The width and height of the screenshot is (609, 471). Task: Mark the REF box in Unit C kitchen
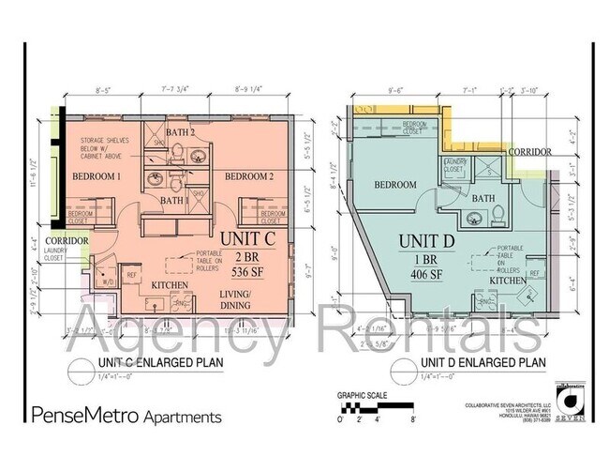click(x=132, y=276)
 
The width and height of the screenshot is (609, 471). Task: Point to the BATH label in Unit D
click(x=483, y=199)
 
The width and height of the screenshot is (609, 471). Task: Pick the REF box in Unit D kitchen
click(x=534, y=273)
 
